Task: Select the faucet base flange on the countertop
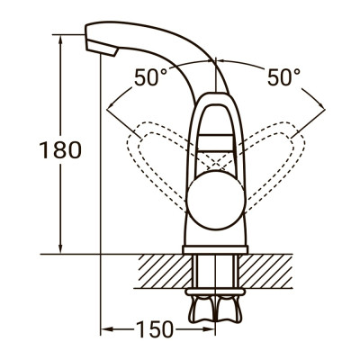coord(216,245)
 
